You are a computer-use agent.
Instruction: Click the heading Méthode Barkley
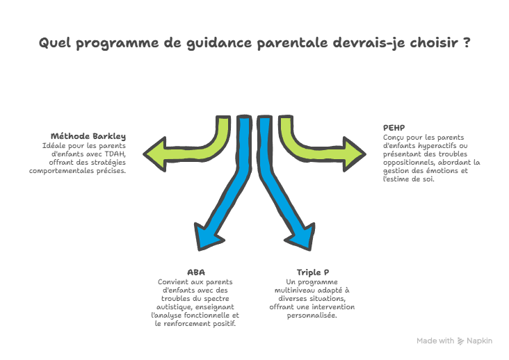88,136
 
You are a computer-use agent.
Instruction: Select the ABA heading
195,272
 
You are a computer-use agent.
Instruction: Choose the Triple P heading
312,272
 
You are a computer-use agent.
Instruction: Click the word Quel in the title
54,44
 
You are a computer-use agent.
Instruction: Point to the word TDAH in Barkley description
115,154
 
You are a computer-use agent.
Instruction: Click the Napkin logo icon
460,341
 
